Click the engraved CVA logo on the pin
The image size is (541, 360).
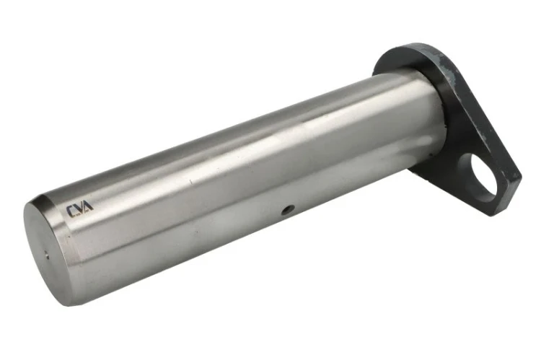pyautogui.click(x=79, y=208)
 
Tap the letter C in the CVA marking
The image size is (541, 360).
pyautogui.click(x=71, y=211)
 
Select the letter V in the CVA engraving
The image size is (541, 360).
pyautogui.click(x=80, y=208)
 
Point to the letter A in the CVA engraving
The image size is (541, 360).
pyautogui.click(x=88, y=206)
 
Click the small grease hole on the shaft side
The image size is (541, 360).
pyautogui.click(x=288, y=209)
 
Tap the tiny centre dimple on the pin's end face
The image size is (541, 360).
pyautogui.click(x=47, y=256)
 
